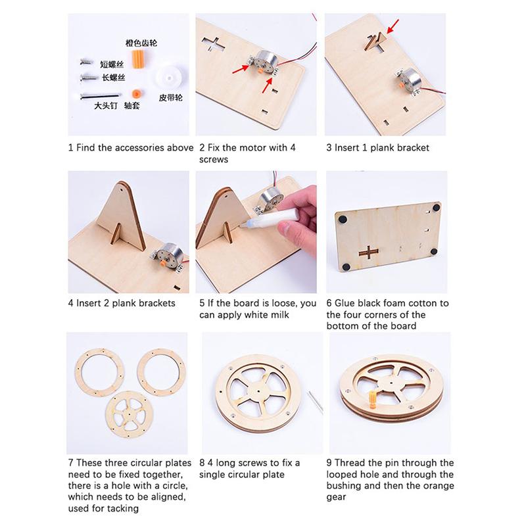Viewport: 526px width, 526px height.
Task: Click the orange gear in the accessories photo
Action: pos(137,59)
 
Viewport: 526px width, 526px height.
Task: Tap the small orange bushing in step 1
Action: pos(136,93)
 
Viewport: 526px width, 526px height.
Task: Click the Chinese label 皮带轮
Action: pos(170,98)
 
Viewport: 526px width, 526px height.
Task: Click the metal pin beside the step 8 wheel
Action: pos(317,402)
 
